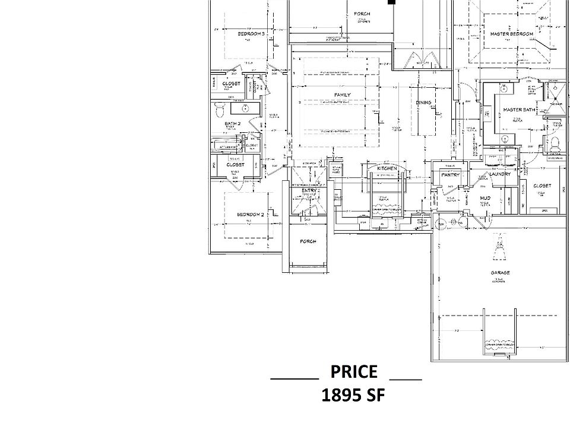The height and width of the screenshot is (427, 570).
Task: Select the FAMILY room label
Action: click(342, 95)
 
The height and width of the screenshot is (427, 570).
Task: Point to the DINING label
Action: click(423, 103)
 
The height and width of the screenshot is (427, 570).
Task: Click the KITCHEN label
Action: click(387, 168)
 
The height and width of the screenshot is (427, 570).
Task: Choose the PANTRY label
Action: click(451, 174)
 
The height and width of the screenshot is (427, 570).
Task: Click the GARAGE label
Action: click(498, 273)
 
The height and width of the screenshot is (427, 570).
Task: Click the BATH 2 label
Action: click(232, 123)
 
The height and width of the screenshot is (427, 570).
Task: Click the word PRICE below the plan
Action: click(354, 372)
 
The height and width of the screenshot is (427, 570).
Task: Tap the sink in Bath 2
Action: click(244, 109)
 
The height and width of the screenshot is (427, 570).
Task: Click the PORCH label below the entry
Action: click(308, 241)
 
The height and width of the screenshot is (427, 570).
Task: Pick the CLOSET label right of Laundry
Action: click(542, 186)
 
